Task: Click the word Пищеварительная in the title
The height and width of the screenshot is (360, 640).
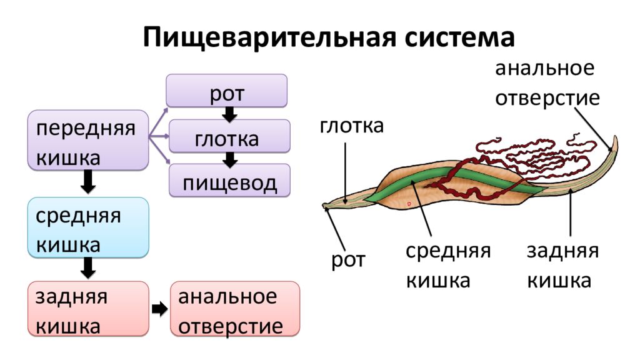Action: [269, 37]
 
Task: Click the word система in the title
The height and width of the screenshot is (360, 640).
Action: [459, 37]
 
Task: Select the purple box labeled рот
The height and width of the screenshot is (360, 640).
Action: [226, 91]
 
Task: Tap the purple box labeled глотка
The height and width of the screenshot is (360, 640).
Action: [229, 136]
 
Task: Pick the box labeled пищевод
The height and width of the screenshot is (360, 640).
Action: [229, 181]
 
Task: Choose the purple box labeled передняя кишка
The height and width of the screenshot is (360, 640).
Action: [87, 140]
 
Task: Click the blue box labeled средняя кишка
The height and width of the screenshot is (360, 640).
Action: [87, 227]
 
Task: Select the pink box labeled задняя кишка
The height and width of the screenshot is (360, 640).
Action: [87, 309]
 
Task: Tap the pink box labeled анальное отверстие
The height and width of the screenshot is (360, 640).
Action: [235, 309]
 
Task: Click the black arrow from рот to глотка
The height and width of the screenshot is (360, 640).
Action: [229, 114]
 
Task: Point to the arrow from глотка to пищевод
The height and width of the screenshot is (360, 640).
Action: [230, 159]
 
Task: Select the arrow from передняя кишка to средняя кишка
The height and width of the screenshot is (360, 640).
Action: [87, 182]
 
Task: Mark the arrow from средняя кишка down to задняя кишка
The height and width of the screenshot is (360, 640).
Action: [87, 267]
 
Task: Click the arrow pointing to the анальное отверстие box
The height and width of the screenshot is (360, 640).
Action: [159, 309]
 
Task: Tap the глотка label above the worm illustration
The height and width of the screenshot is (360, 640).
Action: [351, 126]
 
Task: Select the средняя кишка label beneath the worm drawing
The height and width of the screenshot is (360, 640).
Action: [447, 265]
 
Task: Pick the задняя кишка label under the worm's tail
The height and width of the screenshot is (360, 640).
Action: [562, 265]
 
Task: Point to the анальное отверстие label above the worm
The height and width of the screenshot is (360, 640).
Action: [547, 83]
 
